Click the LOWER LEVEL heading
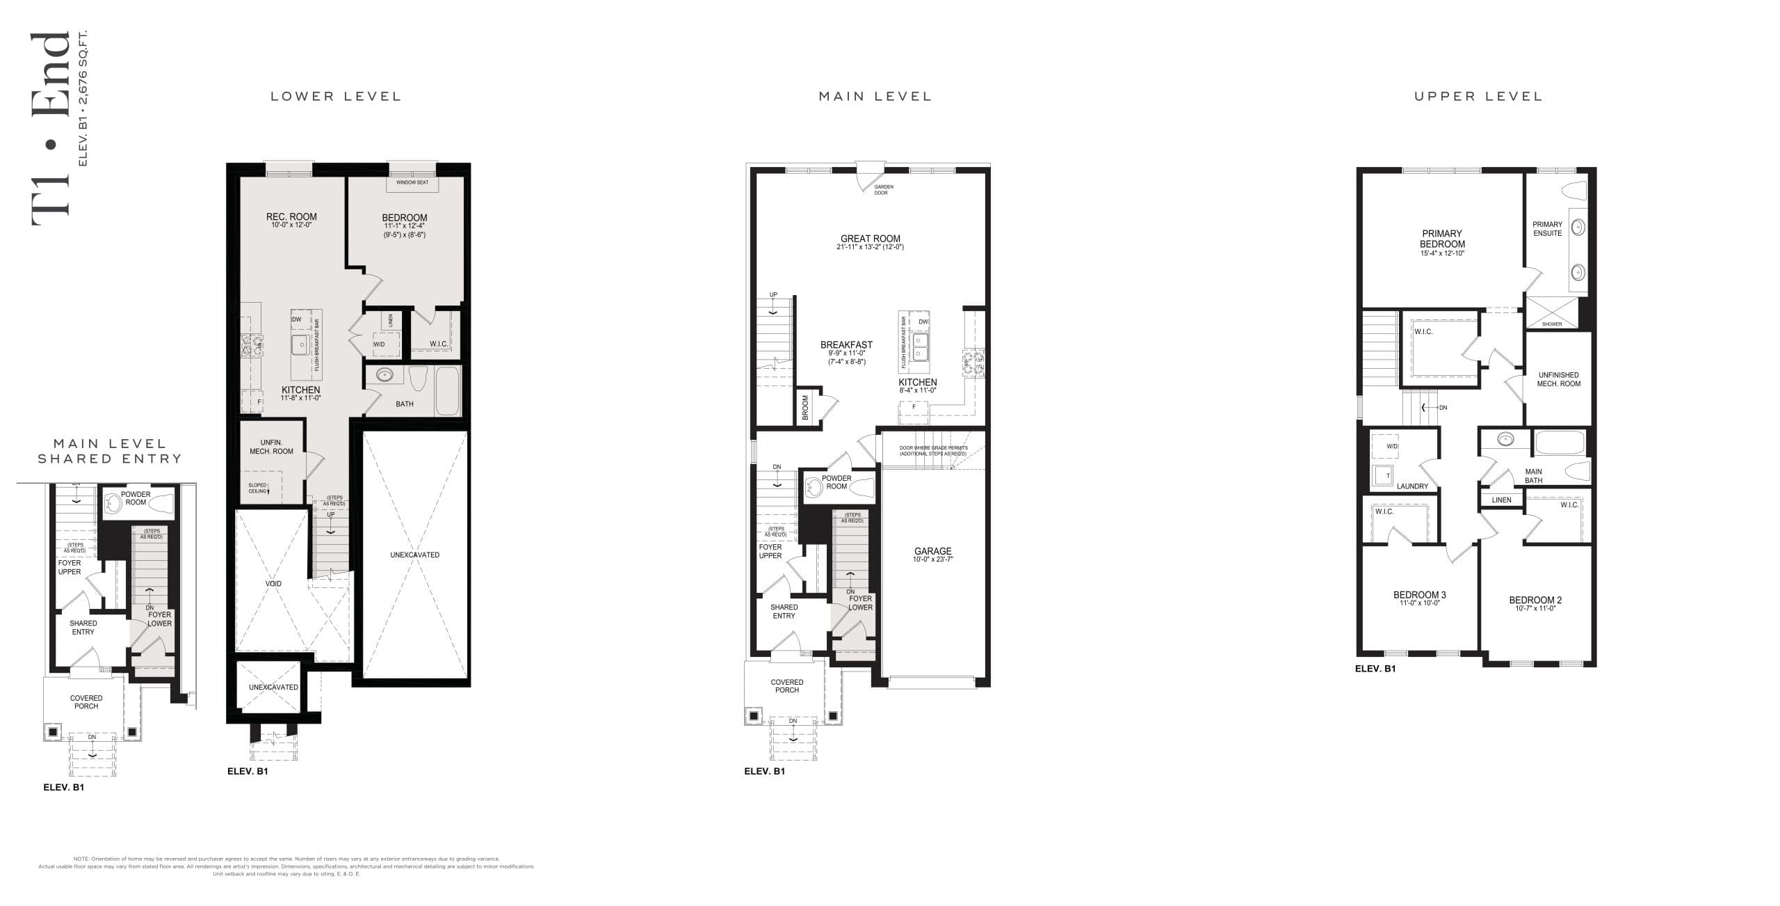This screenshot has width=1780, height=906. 336,96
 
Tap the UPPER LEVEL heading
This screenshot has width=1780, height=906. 1478,96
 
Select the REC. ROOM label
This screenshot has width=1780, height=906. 291,217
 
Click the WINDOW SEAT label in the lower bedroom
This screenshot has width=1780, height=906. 412,182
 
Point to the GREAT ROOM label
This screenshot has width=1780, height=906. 871,239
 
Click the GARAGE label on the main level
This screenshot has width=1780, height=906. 932,551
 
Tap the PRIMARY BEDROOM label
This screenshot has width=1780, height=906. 1442,239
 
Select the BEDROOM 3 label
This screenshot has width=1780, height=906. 1419,595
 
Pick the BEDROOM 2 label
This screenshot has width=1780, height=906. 1535,600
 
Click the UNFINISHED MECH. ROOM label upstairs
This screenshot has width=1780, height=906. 1558,379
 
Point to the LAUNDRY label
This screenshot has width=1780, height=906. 1412,486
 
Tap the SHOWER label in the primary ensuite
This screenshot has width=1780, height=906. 1551,324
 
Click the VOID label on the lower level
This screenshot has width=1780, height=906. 273,583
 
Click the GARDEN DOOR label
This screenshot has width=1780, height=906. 884,189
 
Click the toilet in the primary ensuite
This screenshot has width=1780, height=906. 1574,190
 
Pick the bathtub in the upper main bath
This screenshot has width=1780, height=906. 1559,443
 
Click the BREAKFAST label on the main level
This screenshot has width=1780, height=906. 846,344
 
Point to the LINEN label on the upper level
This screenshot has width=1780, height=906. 1501,500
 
